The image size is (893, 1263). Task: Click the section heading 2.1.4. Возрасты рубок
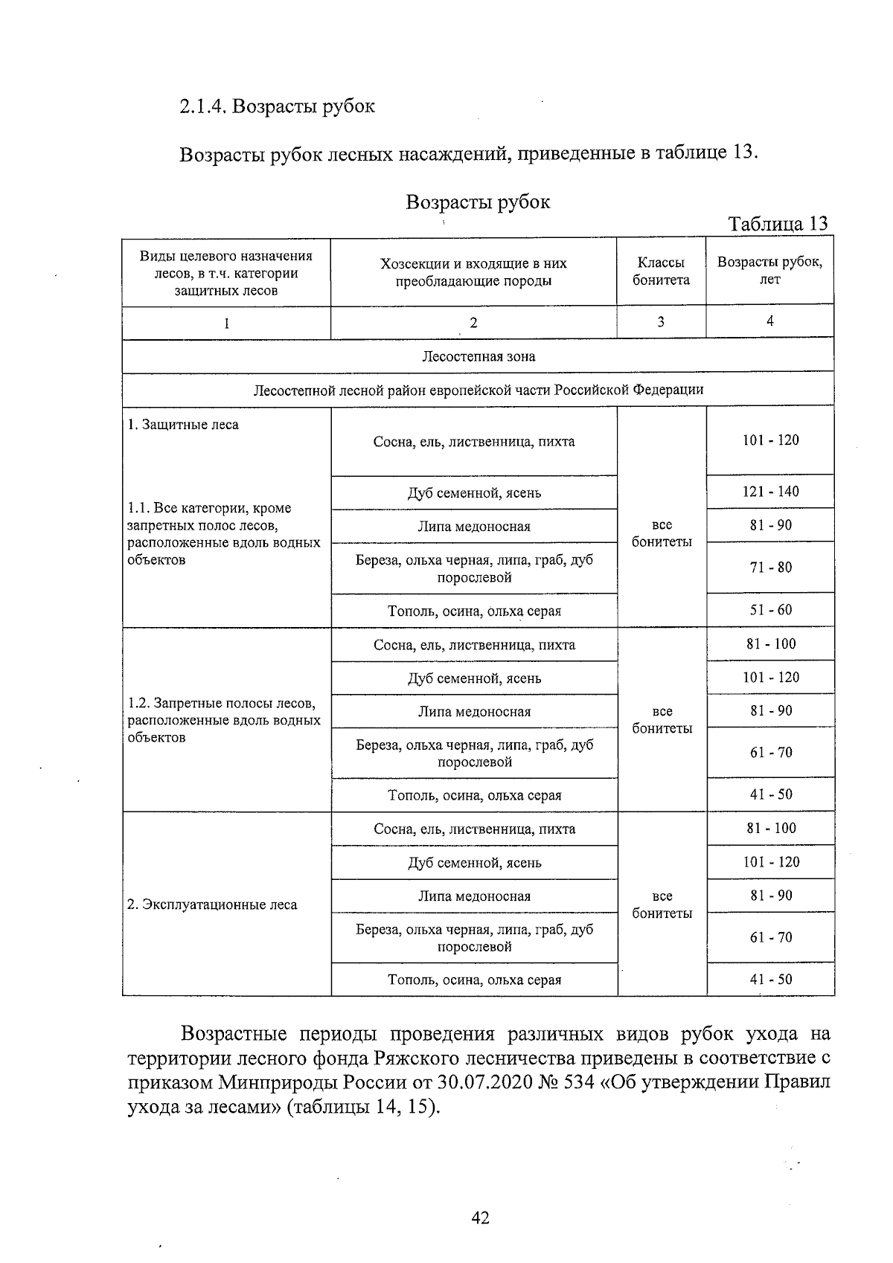tap(277, 106)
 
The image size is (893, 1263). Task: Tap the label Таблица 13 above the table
tap(778, 224)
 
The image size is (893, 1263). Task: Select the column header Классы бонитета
tap(661, 271)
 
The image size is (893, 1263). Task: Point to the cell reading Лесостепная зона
tap(478, 356)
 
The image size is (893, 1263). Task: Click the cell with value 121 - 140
tap(770, 492)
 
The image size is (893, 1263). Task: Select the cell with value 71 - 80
tap(770, 568)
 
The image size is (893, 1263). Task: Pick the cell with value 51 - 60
tap(770, 610)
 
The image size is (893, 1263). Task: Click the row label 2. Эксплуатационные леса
tap(212, 904)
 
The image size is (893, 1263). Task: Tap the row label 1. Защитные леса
tap(183, 425)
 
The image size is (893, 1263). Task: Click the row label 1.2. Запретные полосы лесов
tap(223, 704)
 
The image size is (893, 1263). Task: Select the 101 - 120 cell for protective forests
tap(770, 440)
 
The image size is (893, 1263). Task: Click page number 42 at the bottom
tap(480, 1218)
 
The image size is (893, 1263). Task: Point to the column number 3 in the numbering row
tap(661, 321)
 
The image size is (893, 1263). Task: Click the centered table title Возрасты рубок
tap(478, 202)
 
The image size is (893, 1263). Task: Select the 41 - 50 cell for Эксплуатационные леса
tap(770, 980)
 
